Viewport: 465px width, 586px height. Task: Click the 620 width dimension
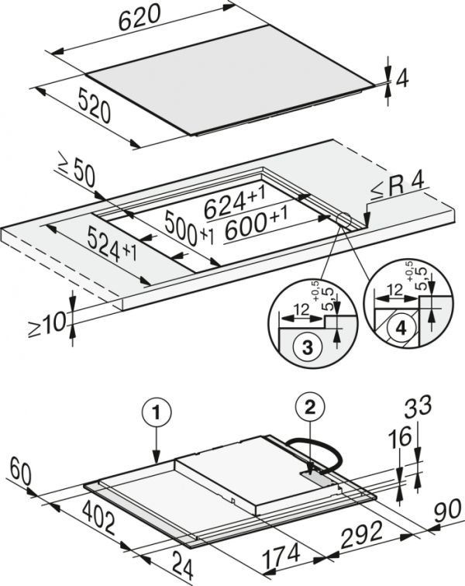[x=139, y=17]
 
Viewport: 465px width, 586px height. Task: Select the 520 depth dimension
[x=95, y=107]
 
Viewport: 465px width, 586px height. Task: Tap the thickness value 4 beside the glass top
[x=402, y=79]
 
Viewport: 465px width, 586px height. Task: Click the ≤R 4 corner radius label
[x=398, y=187]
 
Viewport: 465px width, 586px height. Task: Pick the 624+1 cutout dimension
[x=235, y=203]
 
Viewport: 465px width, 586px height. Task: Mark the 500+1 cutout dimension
[x=189, y=229]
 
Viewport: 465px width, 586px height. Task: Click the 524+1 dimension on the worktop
[x=112, y=244]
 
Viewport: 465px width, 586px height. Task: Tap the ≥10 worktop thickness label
[x=47, y=324]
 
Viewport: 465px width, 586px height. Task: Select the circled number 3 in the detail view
[x=307, y=347]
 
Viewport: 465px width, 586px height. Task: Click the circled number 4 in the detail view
[x=401, y=328]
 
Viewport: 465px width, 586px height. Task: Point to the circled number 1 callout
[x=157, y=412]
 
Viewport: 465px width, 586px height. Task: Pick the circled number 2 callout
[x=310, y=408]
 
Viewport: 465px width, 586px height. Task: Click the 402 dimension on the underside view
[x=98, y=518]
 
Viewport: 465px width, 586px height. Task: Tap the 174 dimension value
[x=281, y=556]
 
